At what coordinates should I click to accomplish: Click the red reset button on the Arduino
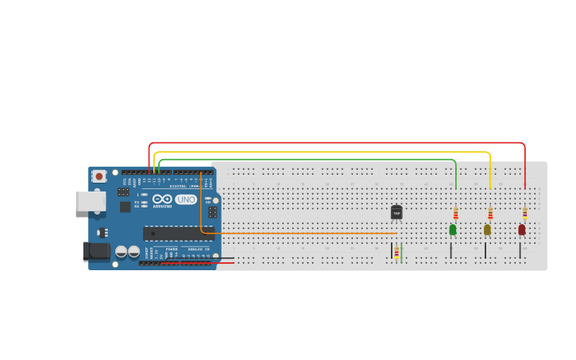pos(99,176)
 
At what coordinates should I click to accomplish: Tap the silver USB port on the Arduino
pos(90,201)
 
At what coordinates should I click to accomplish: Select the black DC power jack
pos(96,252)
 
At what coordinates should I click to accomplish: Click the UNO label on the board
pos(186,199)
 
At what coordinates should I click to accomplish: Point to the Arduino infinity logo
pos(162,199)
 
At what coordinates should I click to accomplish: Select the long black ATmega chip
pos(178,233)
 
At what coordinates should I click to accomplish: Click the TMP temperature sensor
pos(396,212)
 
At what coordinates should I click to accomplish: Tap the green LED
pos(453,230)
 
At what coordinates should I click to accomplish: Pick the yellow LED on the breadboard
pos(487,230)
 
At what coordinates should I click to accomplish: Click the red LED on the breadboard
pos(522,230)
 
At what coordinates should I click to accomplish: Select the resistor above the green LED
pos(455,214)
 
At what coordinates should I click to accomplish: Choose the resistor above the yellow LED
pos(490,214)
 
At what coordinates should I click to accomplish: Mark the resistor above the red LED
pos(524,213)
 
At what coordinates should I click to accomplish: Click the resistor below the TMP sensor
pos(396,252)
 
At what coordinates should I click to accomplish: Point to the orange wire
pos(302,234)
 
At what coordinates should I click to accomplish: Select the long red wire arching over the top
pos(334,143)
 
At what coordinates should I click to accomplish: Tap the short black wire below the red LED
pos(520,250)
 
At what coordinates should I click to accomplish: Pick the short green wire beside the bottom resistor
pos(402,253)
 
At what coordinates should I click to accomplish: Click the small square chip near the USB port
pos(125,207)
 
